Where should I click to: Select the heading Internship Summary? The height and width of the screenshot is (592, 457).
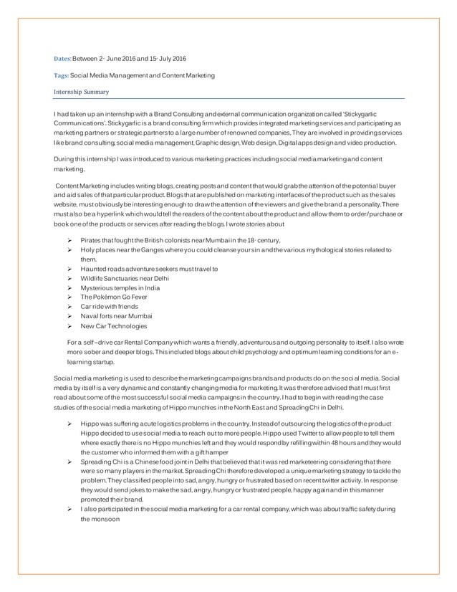pyautogui.click(x=80, y=92)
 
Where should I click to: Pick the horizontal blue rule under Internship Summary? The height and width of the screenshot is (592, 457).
pyautogui.click(x=228, y=98)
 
